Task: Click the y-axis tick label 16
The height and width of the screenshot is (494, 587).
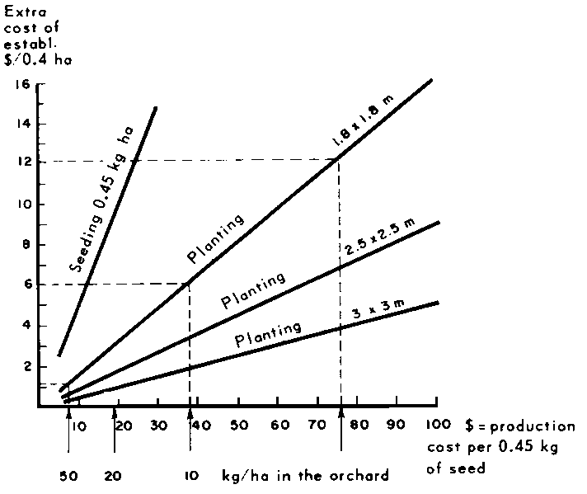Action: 22,84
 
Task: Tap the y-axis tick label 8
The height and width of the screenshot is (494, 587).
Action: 25,244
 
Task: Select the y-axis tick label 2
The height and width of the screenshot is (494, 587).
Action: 25,365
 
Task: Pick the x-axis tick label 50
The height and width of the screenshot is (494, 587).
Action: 239,425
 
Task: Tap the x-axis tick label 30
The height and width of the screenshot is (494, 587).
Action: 160,425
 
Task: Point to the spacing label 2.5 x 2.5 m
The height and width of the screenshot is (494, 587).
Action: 372,237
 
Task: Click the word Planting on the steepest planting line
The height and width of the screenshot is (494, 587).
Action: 216,239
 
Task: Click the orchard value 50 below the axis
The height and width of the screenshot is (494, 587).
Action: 68,477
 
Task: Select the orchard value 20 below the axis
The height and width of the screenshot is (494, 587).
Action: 115,477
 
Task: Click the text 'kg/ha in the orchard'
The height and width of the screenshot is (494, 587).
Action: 305,477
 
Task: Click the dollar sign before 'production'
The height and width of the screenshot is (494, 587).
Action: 470,426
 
